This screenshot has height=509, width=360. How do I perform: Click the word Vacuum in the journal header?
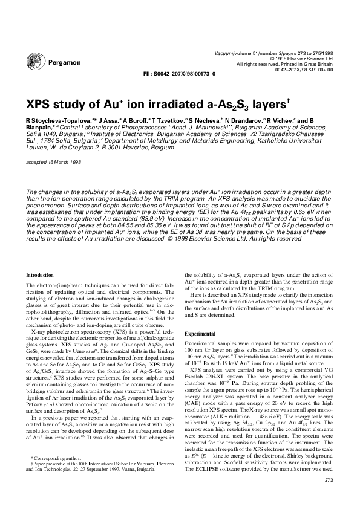click(225, 53)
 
